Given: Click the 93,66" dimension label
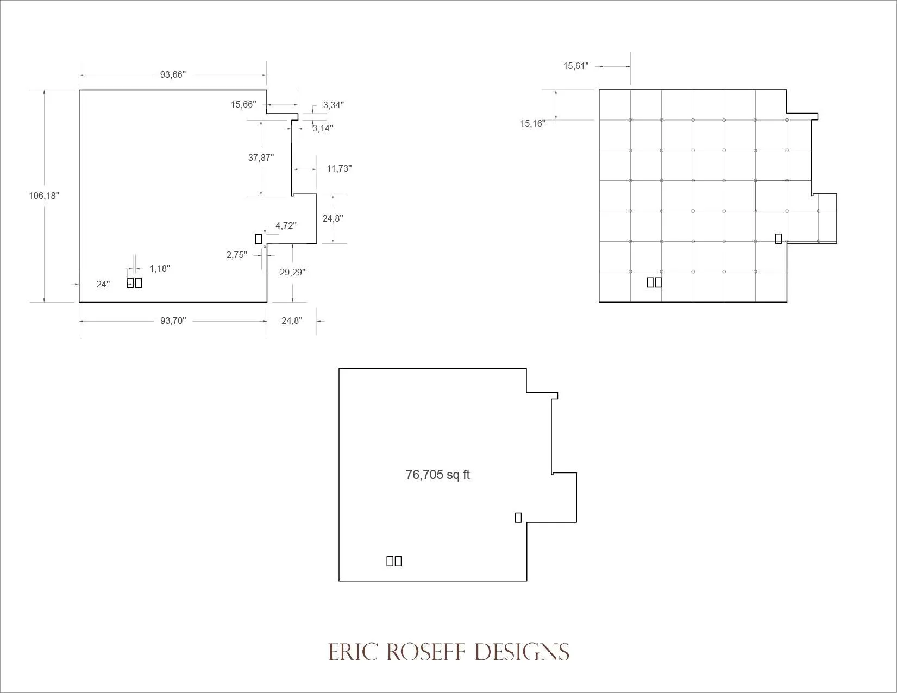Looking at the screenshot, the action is (173, 74).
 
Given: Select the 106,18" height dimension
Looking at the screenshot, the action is (44, 196).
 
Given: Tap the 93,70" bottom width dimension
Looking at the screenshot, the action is (173, 320).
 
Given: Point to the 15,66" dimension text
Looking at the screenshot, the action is (243, 104).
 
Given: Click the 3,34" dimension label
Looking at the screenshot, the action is (333, 105).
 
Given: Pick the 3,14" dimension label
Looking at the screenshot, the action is (322, 128).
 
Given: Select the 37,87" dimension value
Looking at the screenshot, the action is (261, 157).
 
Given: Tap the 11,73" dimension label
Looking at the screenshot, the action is (340, 168).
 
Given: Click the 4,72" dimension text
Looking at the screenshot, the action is (286, 225).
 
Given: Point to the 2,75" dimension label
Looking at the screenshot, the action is (236, 255).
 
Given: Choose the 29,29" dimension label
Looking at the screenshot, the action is (292, 272).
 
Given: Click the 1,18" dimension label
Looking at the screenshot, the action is (160, 268).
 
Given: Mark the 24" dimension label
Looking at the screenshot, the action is (103, 284).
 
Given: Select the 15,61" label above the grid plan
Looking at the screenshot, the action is (576, 66).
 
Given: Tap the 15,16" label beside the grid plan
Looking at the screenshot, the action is (532, 123).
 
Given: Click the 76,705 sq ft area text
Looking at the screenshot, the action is (437, 475).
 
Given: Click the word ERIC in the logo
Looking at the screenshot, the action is (353, 652).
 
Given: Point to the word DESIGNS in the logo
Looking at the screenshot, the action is (522, 652).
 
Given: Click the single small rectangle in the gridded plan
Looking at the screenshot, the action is (778, 239).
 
